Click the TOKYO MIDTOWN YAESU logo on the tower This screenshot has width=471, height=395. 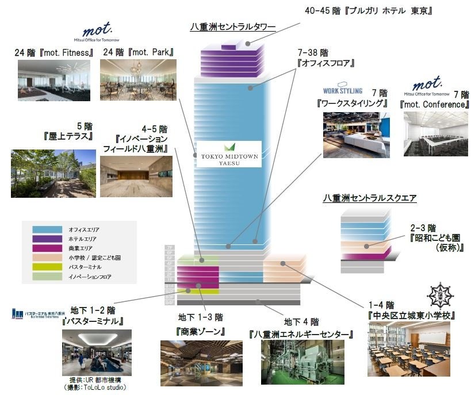pyautogui.click(x=229, y=154)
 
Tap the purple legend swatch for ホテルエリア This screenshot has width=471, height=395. pyautogui.click(x=43, y=237)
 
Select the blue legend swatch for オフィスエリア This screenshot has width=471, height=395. pyautogui.click(x=43, y=228)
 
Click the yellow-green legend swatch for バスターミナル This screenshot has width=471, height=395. pyautogui.click(x=43, y=267)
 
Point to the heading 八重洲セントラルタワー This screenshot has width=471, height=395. pyautogui.click(x=233, y=26)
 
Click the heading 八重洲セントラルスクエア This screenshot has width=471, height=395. pyautogui.click(x=369, y=198)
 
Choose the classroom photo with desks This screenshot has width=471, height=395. pyautogui.click(x=411, y=349)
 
